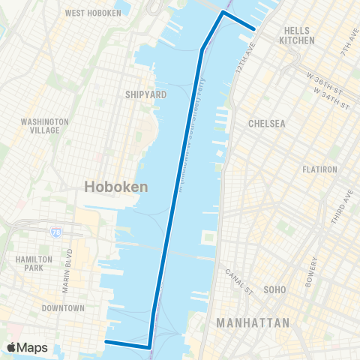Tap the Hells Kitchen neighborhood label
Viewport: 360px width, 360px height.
coord(296,35)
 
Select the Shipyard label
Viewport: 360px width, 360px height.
coord(140,94)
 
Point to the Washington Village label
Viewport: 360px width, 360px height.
coord(45,125)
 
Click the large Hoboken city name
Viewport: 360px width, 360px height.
coord(115,187)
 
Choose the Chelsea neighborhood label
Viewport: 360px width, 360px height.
coord(268,124)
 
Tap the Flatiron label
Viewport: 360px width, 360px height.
coord(301,169)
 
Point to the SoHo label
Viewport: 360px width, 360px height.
coord(275,289)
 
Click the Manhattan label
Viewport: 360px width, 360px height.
coord(253,323)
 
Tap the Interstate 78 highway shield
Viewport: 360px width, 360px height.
coord(57,233)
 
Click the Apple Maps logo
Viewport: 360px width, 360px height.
coord(28,348)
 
